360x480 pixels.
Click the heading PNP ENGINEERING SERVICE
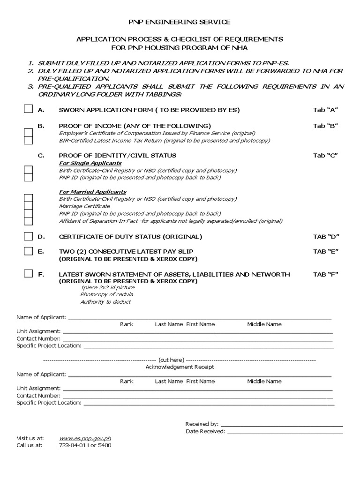pyautogui.click(x=180, y=22)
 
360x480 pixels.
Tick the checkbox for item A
pyautogui.click(x=29, y=110)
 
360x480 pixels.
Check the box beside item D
pyautogui.click(x=29, y=236)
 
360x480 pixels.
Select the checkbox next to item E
pyautogui.click(x=29, y=251)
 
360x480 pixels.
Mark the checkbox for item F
pyautogui.click(x=29, y=274)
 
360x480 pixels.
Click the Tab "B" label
pyautogui.click(x=325, y=126)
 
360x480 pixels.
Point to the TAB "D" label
pyautogui.click(x=325, y=236)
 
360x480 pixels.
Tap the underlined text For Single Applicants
pyautogui.click(x=90, y=163)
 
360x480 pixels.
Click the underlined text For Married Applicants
pyautogui.click(x=92, y=192)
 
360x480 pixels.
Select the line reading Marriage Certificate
pyautogui.click(x=84, y=206)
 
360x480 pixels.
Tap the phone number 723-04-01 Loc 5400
pyautogui.click(x=85, y=445)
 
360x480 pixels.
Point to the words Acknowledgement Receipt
pyautogui.click(x=180, y=367)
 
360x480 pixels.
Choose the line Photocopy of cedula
pyautogui.click(x=106, y=294)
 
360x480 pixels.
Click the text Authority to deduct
pyautogui.click(x=105, y=302)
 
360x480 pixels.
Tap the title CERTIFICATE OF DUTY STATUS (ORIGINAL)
pyautogui.click(x=130, y=236)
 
